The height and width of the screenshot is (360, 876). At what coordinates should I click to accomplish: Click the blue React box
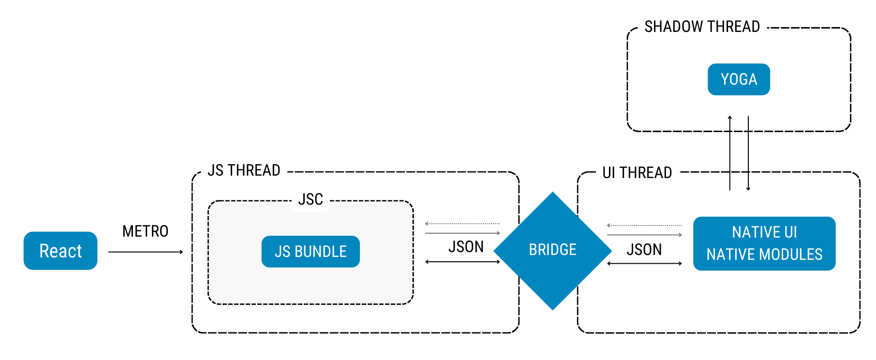point(60,251)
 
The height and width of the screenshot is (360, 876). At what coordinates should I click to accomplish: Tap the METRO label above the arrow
point(145,231)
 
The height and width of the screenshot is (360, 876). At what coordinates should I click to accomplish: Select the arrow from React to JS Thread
point(145,252)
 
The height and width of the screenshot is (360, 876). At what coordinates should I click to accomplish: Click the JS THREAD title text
point(244,171)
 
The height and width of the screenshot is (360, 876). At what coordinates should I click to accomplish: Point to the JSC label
point(311,199)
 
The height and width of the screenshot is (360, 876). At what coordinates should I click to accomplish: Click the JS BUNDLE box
point(311,252)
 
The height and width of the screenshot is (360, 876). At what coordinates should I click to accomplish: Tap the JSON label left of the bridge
point(466,247)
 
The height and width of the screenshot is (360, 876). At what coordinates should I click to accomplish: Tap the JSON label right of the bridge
point(644,250)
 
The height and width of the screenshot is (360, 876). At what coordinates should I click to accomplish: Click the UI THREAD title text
point(637,173)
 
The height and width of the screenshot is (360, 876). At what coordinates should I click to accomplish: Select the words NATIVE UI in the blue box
point(764,232)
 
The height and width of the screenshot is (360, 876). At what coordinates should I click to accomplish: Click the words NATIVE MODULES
point(764,255)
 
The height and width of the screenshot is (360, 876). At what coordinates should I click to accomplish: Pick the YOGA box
point(739,79)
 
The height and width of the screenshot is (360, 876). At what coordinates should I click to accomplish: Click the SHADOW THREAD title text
point(702,27)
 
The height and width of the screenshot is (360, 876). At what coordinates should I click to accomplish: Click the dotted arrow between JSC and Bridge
point(462,224)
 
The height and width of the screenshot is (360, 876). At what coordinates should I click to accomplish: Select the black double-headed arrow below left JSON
point(462,262)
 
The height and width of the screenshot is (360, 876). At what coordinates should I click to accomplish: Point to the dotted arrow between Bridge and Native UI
point(644,225)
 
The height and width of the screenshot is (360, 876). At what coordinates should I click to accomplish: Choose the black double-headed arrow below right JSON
point(644,264)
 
